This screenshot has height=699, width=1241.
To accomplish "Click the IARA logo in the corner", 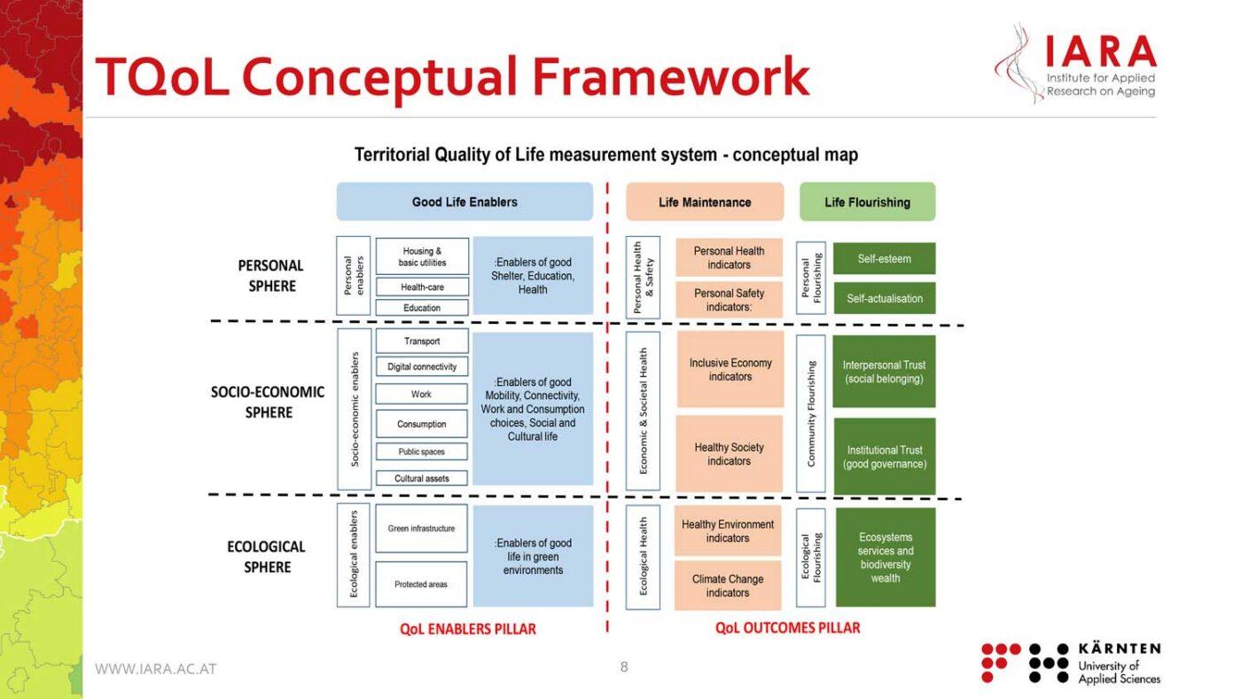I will pyautogui.click(x=1076, y=64).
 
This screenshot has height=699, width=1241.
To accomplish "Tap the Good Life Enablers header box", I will pyautogui.click(x=464, y=202).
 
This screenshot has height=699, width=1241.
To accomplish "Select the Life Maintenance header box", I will pyautogui.click(x=705, y=202).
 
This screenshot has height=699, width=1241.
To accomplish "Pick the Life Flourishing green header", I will pyautogui.click(x=867, y=202).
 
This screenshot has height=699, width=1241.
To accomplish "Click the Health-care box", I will pyautogui.click(x=422, y=287).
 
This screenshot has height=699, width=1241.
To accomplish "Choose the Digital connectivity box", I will pyautogui.click(x=422, y=366).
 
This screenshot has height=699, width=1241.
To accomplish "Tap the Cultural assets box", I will pyautogui.click(x=422, y=478).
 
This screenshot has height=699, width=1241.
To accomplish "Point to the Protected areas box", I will pyautogui.click(x=421, y=584).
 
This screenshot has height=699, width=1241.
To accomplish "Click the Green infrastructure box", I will pyautogui.click(x=421, y=529).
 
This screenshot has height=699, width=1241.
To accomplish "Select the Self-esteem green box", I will pyautogui.click(x=884, y=259).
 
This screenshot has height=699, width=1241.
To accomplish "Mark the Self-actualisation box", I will pyautogui.click(x=884, y=298).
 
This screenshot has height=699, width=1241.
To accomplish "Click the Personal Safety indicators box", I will pyautogui.click(x=729, y=300).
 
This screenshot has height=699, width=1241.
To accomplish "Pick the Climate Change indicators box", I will pyautogui.click(x=728, y=585).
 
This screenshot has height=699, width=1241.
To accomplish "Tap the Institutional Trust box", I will pyautogui.click(x=884, y=457).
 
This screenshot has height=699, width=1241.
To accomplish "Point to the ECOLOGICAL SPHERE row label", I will pyautogui.click(x=266, y=557).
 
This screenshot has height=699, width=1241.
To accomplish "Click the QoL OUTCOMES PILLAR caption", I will pyautogui.click(x=787, y=628).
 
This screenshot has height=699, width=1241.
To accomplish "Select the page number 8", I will pyautogui.click(x=624, y=667).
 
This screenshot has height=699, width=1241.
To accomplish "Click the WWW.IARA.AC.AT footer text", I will pyautogui.click(x=156, y=669).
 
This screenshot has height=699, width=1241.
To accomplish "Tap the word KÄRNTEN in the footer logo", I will pyautogui.click(x=1120, y=649).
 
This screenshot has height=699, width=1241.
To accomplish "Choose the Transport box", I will pyautogui.click(x=422, y=342).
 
